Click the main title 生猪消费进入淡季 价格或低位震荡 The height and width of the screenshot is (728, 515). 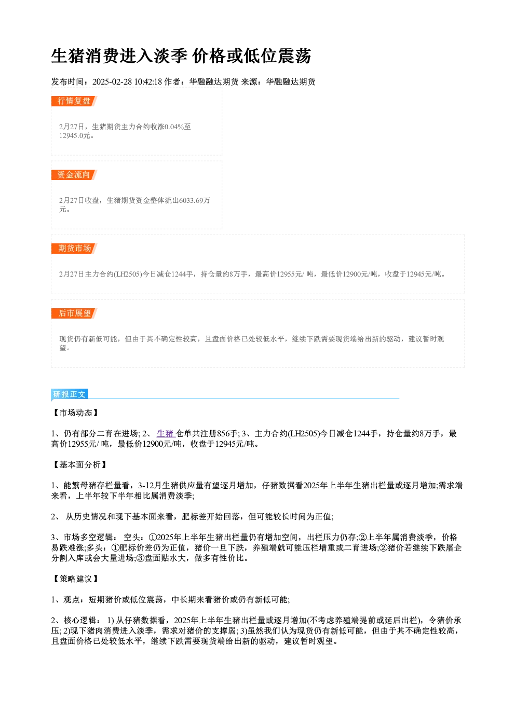click(x=181, y=56)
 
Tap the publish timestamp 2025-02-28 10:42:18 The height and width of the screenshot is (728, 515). click(x=127, y=81)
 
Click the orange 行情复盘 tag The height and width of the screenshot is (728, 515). click(x=74, y=101)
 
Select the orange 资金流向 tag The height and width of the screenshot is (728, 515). click(x=74, y=175)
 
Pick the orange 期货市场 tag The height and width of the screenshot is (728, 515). click(x=74, y=249)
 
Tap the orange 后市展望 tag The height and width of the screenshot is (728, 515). click(x=74, y=313)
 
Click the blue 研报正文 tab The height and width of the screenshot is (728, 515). click(x=70, y=394)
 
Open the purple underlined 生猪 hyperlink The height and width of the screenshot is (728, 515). click(x=166, y=434)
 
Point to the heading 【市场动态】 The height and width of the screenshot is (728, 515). click(x=75, y=413)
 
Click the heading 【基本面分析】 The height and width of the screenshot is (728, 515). click(x=79, y=465)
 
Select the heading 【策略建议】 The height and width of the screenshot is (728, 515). click(x=75, y=579)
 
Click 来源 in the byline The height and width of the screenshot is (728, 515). click(x=249, y=81)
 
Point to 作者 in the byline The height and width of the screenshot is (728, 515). click(x=172, y=81)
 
